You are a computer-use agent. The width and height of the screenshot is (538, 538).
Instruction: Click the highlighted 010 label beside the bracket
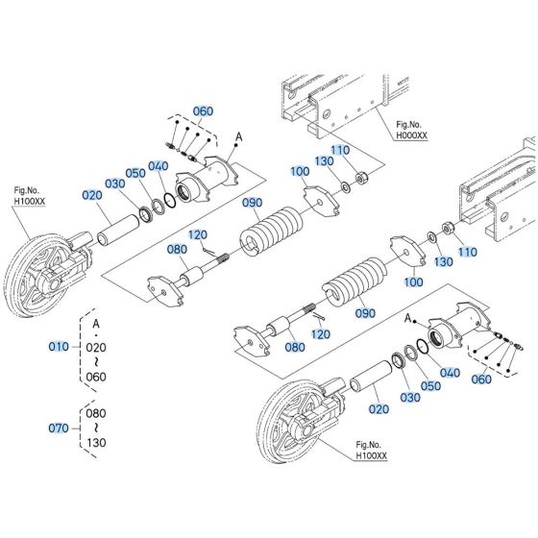click(58, 345)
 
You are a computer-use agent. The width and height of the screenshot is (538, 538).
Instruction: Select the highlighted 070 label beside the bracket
click(58, 426)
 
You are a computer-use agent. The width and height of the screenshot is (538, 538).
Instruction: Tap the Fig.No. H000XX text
click(407, 131)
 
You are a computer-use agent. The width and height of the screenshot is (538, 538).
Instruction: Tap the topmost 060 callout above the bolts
click(203, 111)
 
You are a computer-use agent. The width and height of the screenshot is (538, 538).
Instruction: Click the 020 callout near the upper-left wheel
click(91, 195)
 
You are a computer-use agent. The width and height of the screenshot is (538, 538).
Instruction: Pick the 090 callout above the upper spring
click(251, 203)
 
